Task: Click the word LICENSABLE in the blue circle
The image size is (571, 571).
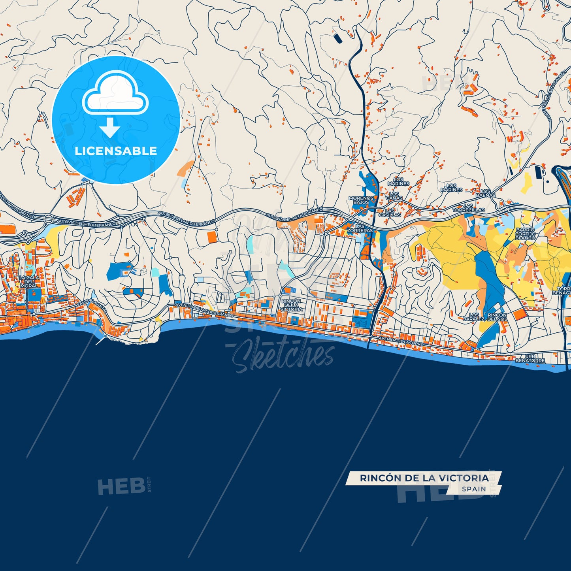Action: (x=116, y=151)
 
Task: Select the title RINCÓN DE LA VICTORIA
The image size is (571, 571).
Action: (x=424, y=478)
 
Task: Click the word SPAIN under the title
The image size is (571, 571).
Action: (x=474, y=489)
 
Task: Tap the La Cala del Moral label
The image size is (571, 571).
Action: (x=29, y=282)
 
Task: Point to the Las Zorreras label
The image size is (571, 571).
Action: (x=360, y=228)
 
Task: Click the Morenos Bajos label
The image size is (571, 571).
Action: (x=361, y=200)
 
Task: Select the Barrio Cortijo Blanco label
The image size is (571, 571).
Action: (x=525, y=234)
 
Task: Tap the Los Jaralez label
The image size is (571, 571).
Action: (x=474, y=317)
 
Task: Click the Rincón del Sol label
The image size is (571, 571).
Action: (x=497, y=317)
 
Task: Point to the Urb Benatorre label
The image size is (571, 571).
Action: (x=530, y=358)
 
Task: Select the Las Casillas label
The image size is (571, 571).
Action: (x=390, y=213)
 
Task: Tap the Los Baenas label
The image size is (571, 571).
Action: (x=485, y=193)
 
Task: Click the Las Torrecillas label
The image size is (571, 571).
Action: (x=468, y=208)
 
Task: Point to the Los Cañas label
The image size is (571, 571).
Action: (x=394, y=196)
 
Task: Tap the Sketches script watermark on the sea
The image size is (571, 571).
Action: (x=283, y=356)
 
